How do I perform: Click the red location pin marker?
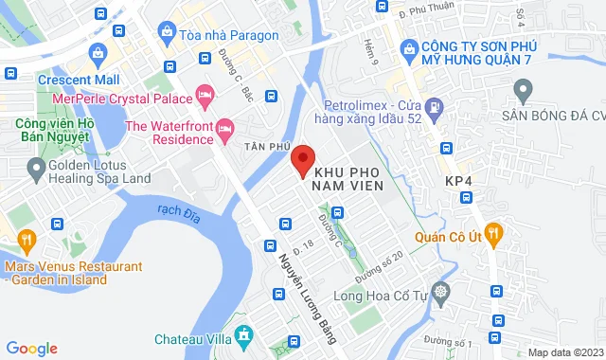(x=302, y=160)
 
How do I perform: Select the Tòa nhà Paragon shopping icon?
(x=168, y=33)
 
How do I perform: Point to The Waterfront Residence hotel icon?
(x=224, y=127)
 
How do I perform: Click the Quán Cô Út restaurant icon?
(x=491, y=234)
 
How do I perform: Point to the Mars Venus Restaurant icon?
(x=27, y=239)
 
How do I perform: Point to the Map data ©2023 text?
(x=565, y=351)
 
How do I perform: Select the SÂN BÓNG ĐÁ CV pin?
(x=522, y=91)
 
